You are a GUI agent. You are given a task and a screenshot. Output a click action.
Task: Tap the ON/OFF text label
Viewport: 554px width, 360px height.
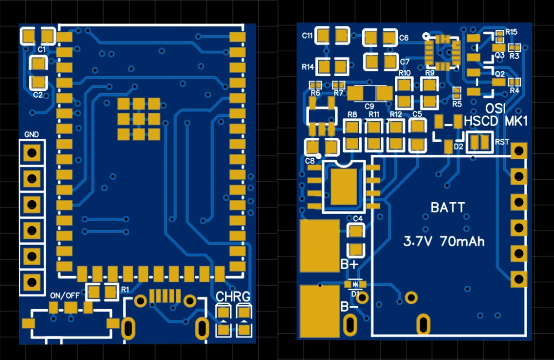click(x=65, y=296)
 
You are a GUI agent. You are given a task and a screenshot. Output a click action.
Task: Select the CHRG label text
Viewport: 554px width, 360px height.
click(x=233, y=296)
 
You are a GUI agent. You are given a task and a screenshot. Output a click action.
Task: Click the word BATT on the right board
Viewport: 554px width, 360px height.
click(x=448, y=208)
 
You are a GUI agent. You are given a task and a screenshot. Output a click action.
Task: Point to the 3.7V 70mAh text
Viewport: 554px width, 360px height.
click(x=444, y=241)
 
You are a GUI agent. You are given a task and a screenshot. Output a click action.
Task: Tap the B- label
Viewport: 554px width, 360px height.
click(x=349, y=307)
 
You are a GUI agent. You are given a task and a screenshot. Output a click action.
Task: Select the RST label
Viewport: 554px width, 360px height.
click(x=502, y=142)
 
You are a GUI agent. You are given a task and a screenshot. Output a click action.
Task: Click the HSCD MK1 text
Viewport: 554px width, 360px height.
click(x=496, y=121)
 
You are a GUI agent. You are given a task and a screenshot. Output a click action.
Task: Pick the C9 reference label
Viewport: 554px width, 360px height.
click(x=369, y=106)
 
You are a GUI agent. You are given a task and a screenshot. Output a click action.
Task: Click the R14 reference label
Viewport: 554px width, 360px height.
click(x=308, y=66)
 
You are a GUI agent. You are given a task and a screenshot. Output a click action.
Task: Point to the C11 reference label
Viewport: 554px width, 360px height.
click(x=308, y=36)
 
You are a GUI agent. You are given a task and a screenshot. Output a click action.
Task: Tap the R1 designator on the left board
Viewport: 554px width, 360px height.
click(x=125, y=289)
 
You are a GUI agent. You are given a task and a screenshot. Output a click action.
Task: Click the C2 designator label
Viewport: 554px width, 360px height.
click(x=38, y=95)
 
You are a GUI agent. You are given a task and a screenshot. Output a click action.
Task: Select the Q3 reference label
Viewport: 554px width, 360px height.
click(x=499, y=56)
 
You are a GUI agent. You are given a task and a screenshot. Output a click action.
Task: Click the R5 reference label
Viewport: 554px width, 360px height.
click(x=457, y=104)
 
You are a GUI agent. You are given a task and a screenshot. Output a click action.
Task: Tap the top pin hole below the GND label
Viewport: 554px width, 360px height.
click(x=32, y=153)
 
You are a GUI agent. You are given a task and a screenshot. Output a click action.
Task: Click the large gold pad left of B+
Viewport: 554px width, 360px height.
click(x=320, y=245)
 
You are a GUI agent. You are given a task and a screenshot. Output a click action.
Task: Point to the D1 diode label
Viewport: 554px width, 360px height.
click(x=355, y=294)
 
